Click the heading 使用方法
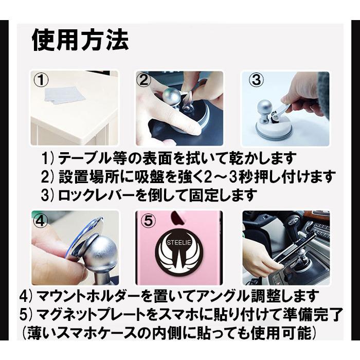(x=80, y=41)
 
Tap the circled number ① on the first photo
(x=41, y=80)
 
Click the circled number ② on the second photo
(x=145, y=80)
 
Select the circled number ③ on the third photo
(x=256, y=80)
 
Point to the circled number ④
(x=40, y=221)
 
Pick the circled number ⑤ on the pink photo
(x=148, y=221)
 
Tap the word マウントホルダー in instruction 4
(x=89, y=297)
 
